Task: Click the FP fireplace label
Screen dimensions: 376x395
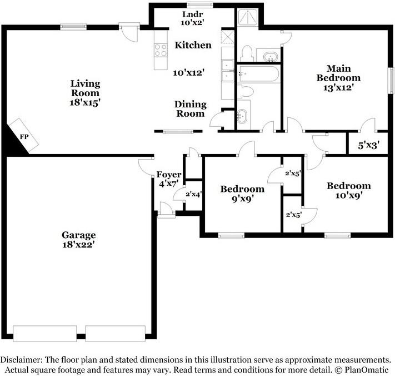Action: (x=24, y=135)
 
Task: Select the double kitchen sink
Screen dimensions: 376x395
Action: (x=228, y=72)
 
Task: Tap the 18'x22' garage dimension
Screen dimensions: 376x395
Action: (x=78, y=244)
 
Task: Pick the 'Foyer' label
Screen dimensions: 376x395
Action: (x=168, y=175)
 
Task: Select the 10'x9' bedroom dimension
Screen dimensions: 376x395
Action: (x=348, y=195)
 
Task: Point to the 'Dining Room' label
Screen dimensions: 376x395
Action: (x=190, y=109)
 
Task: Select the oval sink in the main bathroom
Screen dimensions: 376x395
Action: (x=271, y=56)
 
